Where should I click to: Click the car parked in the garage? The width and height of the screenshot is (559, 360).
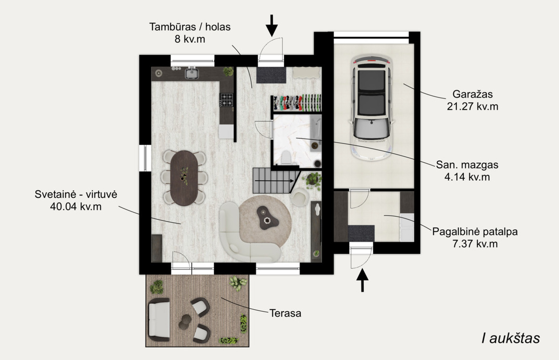[371, 107]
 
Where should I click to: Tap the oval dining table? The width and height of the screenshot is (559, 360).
[184, 178]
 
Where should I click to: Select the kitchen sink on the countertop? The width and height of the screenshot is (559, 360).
[191, 73]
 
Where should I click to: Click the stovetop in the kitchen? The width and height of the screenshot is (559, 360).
[226, 100]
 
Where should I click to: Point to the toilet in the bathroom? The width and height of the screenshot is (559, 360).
[286, 157]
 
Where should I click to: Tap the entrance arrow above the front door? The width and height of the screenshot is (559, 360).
[272, 26]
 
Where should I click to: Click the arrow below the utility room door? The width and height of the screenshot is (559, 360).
[362, 280]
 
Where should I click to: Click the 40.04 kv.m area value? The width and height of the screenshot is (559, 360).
[76, 206]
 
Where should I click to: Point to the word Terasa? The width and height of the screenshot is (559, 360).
[285, 313]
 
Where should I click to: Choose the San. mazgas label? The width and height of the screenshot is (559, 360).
[467, 165]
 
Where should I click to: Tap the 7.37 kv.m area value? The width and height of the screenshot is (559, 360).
[475, 244]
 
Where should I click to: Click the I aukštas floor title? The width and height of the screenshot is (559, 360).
[511, 338]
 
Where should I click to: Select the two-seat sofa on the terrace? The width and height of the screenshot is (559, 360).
[159, 319]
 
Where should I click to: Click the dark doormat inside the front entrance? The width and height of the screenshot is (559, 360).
[272, 75]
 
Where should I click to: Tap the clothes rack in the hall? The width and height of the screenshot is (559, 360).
[297, 103]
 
